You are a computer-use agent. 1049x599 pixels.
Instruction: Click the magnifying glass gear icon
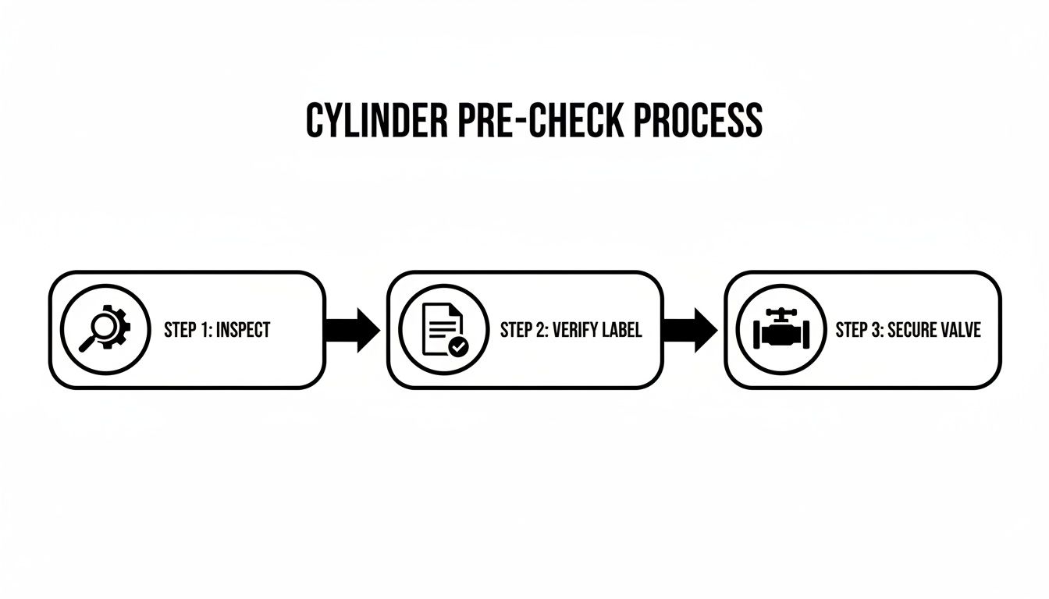105,330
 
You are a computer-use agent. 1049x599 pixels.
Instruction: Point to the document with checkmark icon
443,330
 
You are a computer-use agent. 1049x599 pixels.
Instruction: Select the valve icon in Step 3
781,330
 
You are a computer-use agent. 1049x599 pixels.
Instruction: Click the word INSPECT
243,330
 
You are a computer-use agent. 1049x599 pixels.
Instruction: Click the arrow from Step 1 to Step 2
352,330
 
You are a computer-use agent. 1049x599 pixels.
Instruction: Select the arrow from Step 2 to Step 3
690,330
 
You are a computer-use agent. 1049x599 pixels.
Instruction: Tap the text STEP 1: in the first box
187,330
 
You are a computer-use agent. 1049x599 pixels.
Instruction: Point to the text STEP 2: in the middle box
524,330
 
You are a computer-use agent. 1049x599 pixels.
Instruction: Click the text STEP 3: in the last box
860,330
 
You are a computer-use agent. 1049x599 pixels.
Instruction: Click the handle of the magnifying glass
85,344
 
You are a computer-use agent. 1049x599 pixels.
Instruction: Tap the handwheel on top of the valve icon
781,313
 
